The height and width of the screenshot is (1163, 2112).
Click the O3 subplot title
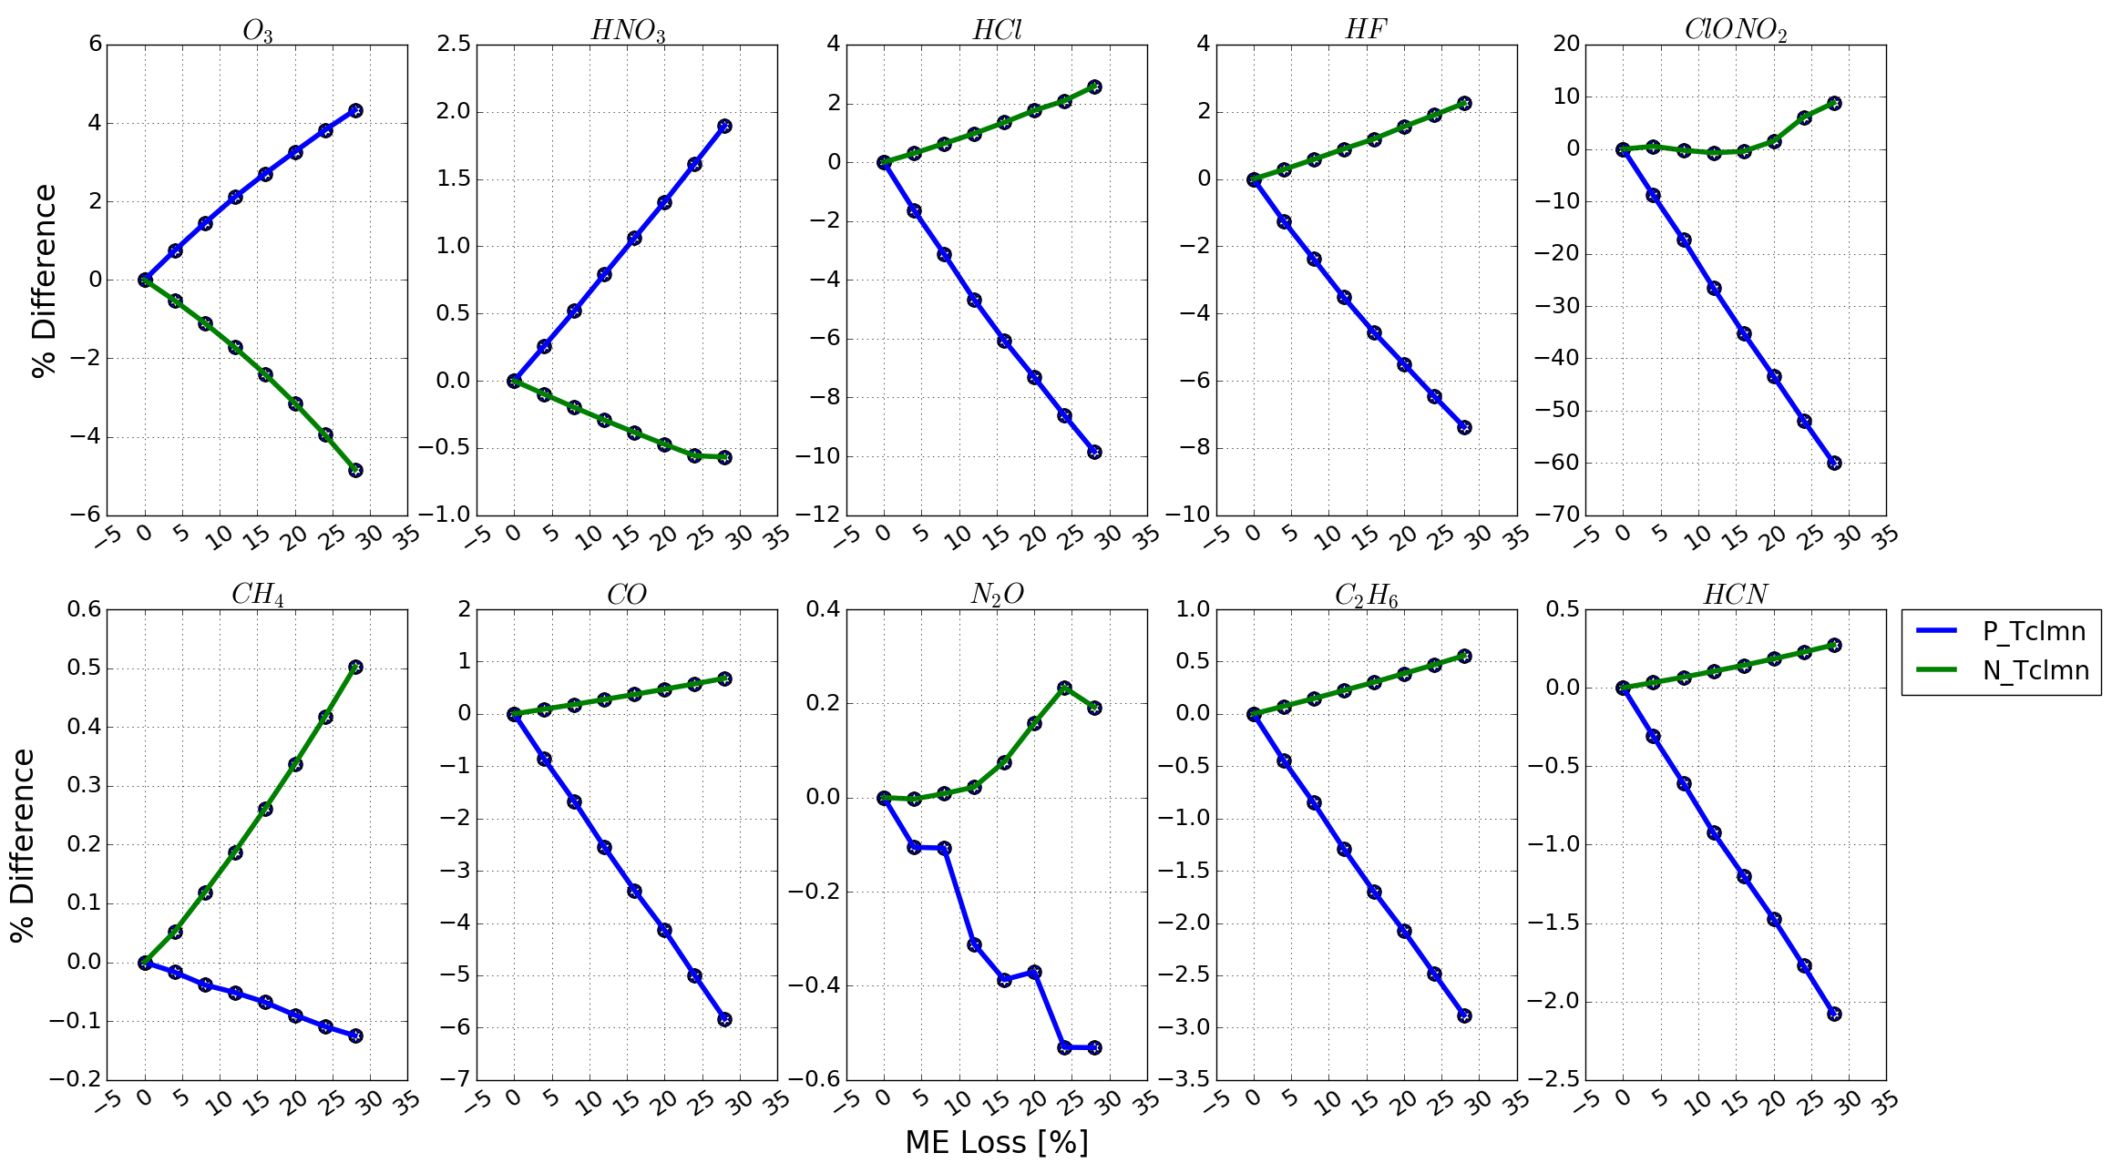(x=257, y=31)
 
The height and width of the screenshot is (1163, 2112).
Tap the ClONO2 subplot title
(x=1735, y=31)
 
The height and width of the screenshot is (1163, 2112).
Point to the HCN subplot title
(x=1735, y=595)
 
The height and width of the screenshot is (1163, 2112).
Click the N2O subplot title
(x=997, y=595)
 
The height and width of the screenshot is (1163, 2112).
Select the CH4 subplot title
(x=257, y=595)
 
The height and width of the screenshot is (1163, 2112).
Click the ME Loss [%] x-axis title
(x=996, y=1142)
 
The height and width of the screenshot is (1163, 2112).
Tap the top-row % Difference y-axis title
(x=44, y=280)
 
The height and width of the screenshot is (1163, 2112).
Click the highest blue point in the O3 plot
(x=355, y=110)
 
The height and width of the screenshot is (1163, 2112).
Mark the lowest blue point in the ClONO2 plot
(x=1834, y=463)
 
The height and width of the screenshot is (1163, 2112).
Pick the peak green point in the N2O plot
(x=1064, y=689)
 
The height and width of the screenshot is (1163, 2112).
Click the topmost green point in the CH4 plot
(x=355, y=668)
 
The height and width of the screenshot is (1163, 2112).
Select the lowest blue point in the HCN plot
(x=1834, y=1014)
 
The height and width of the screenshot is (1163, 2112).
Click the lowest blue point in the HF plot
(x=1464, y=427)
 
